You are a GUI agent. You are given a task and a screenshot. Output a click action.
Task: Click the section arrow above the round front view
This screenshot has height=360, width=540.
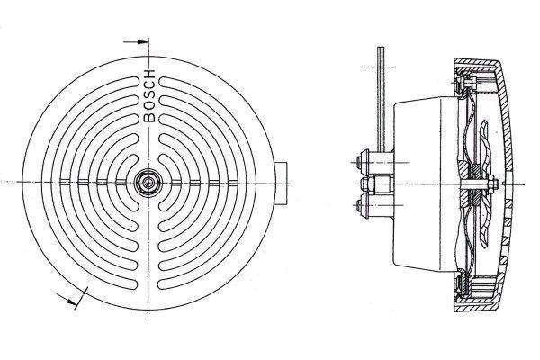coord(134,41)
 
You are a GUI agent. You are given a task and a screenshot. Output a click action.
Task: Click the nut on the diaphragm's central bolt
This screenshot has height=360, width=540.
coord(494,186)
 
